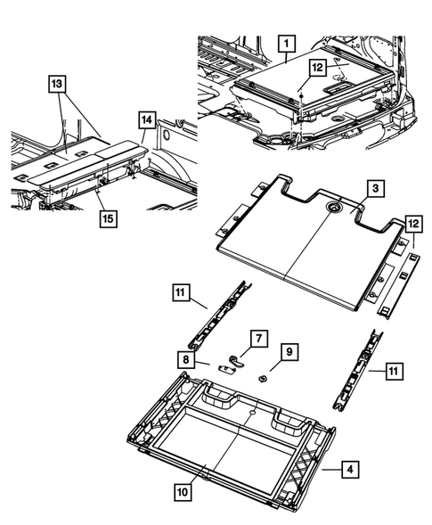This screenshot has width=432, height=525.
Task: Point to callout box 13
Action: [56, 84]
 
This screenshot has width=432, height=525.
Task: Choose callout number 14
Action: [146, 118]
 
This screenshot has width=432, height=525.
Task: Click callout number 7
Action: [257, 340]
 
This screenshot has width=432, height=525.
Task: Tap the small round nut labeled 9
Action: [265, 376]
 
